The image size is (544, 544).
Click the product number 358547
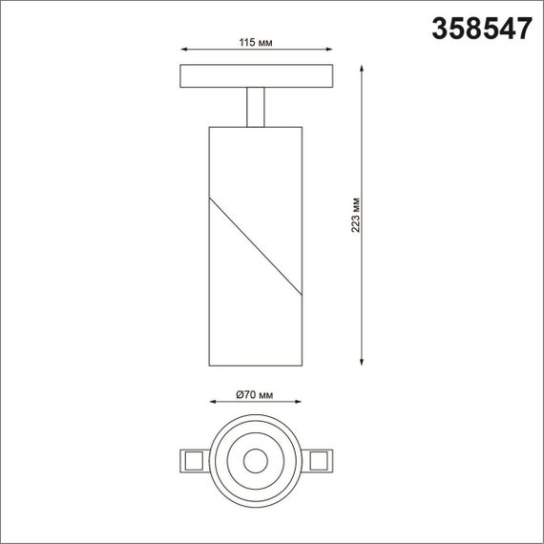click(482, 30)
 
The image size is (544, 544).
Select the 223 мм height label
click(354, 215)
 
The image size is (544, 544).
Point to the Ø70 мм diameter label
click(254, 394)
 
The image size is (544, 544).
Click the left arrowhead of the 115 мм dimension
click(181, 52)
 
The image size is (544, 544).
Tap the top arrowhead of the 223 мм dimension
click(363, 68)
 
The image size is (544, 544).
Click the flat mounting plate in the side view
click(255, 76)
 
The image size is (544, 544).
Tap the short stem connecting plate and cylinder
click(255, 106)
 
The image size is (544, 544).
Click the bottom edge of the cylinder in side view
click(255, 365)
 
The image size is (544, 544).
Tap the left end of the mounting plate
click(181, 76)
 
